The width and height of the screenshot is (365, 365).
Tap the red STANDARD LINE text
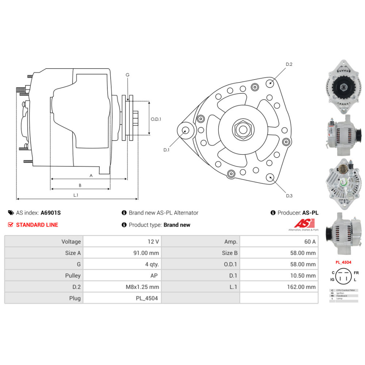(37, 225)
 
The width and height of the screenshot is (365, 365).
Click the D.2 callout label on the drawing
(289, 64)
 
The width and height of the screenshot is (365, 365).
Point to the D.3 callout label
(289, 196)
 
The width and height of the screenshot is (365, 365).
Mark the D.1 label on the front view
(166, 150)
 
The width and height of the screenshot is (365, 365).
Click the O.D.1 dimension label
(156, 119)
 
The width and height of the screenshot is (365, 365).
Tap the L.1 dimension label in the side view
(76, 195)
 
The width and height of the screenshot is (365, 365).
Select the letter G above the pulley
(127, 75)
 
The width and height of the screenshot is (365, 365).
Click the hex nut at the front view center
(243, 129)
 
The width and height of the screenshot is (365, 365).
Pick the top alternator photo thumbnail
(343, 86)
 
